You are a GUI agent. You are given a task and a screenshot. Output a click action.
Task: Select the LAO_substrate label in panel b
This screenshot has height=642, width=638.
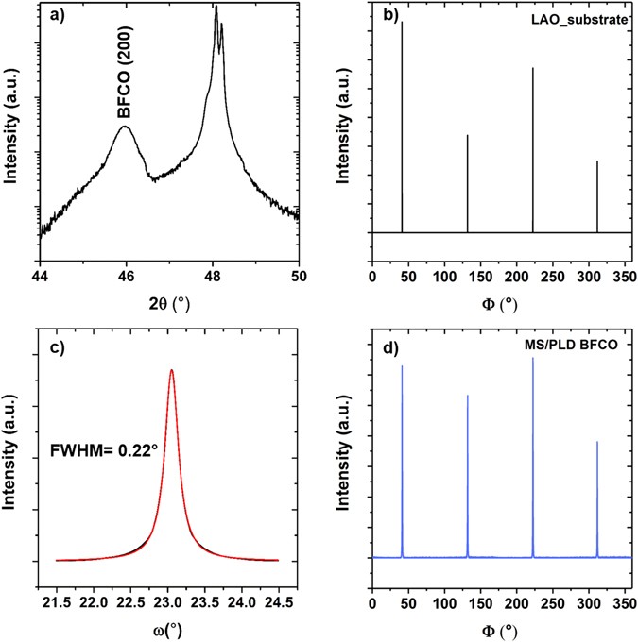tap(580, 20)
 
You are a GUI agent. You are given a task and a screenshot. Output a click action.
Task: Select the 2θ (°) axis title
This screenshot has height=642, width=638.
tap(169, 305)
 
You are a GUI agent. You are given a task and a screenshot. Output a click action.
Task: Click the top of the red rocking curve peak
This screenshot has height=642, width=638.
tap(171, 370)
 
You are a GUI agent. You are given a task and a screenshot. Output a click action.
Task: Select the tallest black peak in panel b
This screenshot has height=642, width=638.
tap(403, 23)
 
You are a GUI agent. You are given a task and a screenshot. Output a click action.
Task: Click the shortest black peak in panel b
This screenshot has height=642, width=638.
tap(597, 161)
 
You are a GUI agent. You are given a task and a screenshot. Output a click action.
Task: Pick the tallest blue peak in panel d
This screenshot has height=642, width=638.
tap(533, 359)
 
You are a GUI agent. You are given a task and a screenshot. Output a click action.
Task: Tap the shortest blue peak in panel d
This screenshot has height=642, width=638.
tap(597, 442)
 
